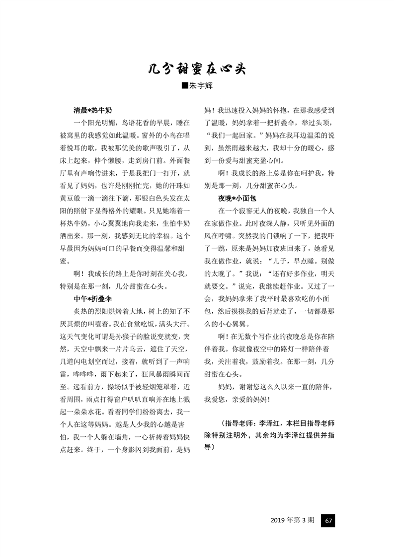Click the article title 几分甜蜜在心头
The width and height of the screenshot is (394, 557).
pyautogui.click(x=197, y=69)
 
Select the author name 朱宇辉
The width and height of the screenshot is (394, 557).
pyautogui.click(x=201, y=85)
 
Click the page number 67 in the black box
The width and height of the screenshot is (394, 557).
pyautogui.click(x=328, y=520)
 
